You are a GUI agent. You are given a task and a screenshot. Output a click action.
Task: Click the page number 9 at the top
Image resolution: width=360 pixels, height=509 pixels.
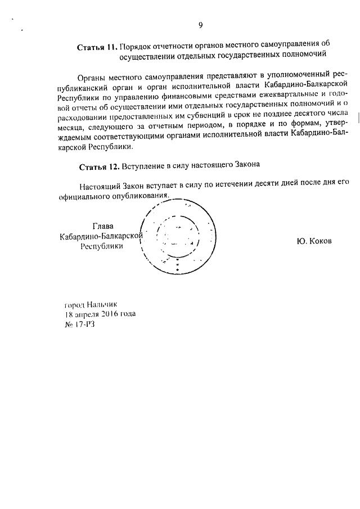pos(200,24)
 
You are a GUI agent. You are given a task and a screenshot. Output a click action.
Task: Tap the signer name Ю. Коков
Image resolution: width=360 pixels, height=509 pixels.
pos(314,241)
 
